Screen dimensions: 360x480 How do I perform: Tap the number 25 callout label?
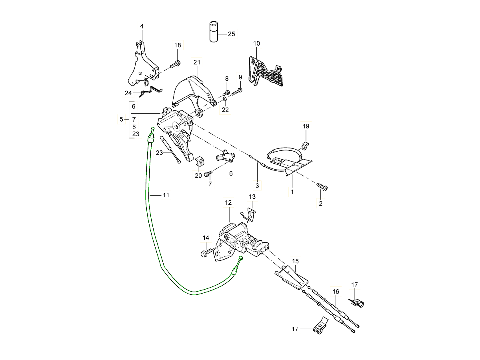[x=231, y=34]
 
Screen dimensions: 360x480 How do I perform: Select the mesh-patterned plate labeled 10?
[x=267, y=72]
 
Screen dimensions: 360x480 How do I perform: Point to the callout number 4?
[x=142, y=26]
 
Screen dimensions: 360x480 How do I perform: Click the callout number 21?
[x=196, y=62]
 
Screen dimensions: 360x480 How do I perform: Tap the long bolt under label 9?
[x=237, y=92]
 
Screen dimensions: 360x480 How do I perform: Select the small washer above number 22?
[x=225, y=99]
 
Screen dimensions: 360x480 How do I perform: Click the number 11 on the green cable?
[x=166, y=195]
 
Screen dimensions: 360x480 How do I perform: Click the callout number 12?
[x=228, y=203]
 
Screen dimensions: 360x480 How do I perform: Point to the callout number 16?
[x=335, y=292]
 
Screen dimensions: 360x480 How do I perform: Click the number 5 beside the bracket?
[x=122, y=119]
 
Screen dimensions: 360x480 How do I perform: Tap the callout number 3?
[x=257, y=186]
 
